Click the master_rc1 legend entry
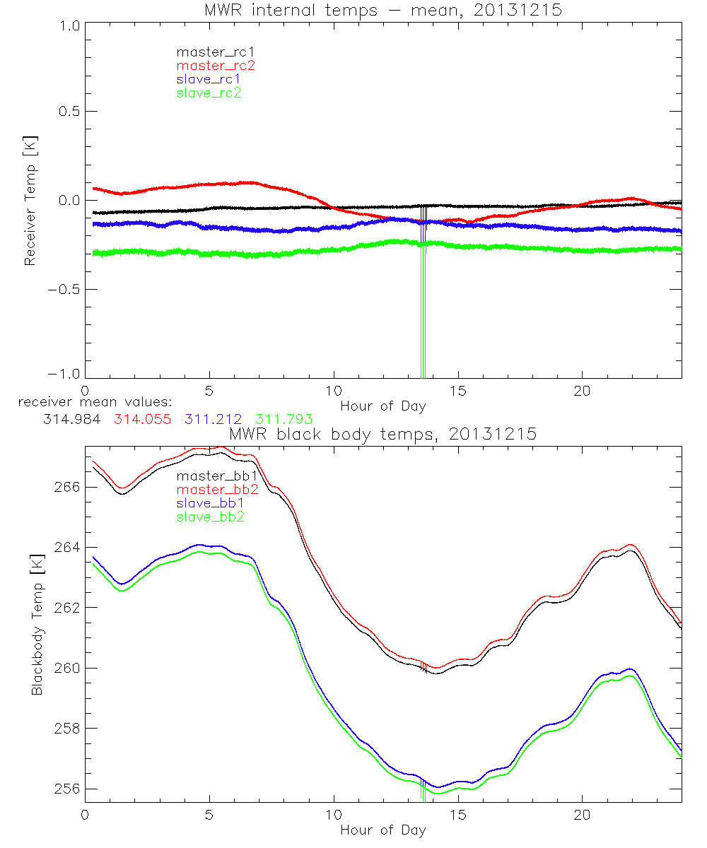click(x=209, y=52)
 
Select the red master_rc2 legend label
click(x=216, y=66)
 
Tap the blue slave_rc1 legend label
click(x=209, y=79)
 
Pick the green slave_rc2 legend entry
click(x=209, y=93)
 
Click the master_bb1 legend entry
click(x=216, y=476)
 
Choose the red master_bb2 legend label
click(x=217, y=489)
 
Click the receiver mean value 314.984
click(x=71, y=419)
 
